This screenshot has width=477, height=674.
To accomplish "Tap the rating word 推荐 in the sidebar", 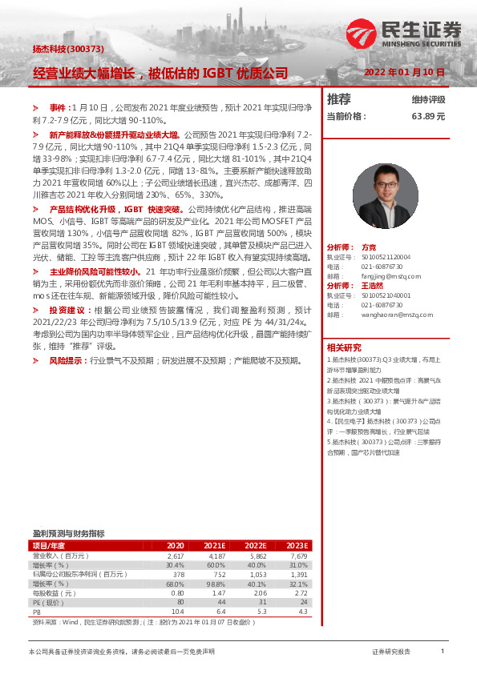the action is tap(339, 99).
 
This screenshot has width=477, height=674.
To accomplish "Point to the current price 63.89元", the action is tap(428, 116).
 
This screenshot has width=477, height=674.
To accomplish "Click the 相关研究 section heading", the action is tap(344, 347).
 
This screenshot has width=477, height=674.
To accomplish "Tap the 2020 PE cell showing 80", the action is tap(180, 602).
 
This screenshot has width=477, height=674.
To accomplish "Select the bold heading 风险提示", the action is tap(67, 361).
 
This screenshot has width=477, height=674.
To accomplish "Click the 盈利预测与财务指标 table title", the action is tap(68, 533).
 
